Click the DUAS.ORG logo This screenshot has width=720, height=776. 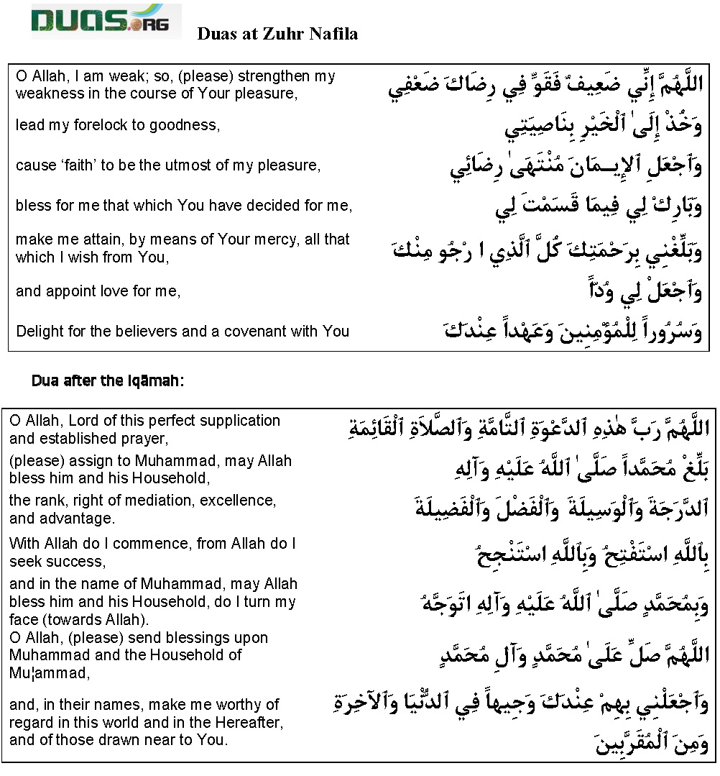[x=105, y=20]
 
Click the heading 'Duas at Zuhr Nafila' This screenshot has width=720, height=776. [x=277, y=34]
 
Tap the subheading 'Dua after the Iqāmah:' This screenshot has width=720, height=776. [x=108, y=381]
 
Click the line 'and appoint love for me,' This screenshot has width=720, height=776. [x=98, y=291]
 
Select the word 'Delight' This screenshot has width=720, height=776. [x=40, y=332]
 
